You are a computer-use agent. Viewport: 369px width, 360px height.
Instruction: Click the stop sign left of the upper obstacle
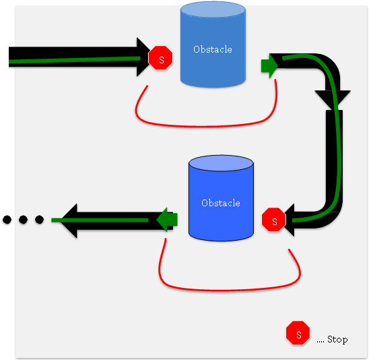tap(160, 58)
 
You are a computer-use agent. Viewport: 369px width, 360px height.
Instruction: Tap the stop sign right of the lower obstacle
tap(273, 219)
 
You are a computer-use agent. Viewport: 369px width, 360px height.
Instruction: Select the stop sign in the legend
tap(298, 332)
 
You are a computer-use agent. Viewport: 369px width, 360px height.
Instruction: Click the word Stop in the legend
tap(337, 340)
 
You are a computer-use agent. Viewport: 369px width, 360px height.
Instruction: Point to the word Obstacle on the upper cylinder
tap(213, 49)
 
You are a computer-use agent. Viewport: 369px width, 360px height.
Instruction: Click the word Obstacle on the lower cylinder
tap(221, 203)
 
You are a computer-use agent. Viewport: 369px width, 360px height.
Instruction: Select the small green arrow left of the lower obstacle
tap(167, 220)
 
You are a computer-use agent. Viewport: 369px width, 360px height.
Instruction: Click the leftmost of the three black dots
tap(7, 220)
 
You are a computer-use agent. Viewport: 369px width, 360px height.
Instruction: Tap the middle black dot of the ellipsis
tap(23, 220)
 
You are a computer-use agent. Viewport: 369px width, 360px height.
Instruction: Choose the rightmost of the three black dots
tap(39, 220)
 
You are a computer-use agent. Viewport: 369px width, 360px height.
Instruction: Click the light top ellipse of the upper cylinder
tap(213, 9)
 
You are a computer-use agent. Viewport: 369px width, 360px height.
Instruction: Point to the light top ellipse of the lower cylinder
tap(221, 163)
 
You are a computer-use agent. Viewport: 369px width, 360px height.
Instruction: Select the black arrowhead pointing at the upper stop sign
tap(143, 57)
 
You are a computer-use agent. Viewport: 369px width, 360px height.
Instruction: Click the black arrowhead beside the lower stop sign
tap(290, 220)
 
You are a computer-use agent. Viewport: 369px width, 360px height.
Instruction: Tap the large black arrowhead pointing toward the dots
tap(69, 220)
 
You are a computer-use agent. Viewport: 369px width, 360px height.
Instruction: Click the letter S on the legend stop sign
tap(299, 335)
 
